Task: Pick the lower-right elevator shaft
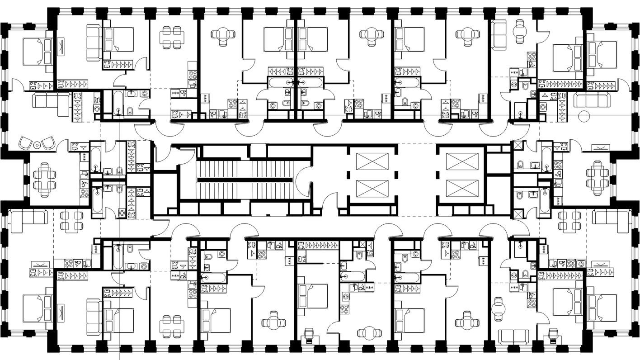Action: click(x=461, y=188)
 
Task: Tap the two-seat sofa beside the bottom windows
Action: click(x=513, y=336)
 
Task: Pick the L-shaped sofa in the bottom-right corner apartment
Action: click(x=611, y=218)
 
